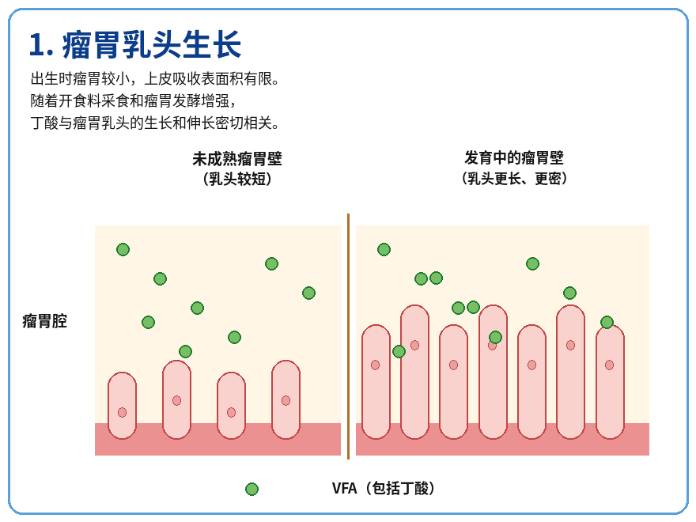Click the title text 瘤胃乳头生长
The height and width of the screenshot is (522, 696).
(151, 45)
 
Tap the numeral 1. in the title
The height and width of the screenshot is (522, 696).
(41, 45)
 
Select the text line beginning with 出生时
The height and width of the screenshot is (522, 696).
(155, 79)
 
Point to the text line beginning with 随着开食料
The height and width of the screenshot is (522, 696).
(133, 100)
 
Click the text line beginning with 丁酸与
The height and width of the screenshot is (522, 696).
(155, 123)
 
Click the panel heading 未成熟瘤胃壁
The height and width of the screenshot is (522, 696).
(237, 158)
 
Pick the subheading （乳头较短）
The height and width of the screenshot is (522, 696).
(237, 179)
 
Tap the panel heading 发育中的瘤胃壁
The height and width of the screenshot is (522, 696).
(514, 157)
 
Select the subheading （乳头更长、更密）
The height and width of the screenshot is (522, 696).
(514, 179)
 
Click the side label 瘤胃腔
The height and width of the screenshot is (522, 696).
(45, 321)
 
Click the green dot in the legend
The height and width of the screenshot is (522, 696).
(252, 489)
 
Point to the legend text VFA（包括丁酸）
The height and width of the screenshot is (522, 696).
(384, 488)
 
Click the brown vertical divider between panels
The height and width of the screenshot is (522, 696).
(349, 336)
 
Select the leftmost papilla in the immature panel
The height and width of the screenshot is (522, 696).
(122, 406)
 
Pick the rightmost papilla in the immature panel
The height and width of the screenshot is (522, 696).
(286, 399)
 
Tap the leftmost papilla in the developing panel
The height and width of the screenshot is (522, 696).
(376, 382)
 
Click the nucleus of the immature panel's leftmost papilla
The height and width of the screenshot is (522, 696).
(122, 412)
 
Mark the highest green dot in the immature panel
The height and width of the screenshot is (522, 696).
(123, 249)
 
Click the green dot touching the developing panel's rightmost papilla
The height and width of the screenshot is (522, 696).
(607, 322)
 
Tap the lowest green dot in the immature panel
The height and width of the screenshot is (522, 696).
(186, 351)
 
